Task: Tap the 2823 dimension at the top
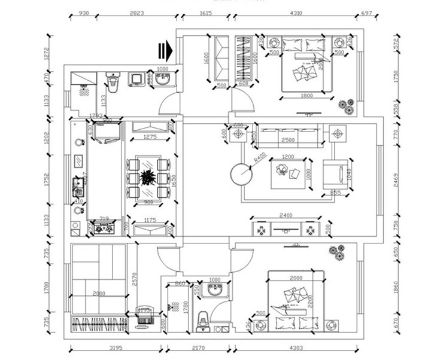135,13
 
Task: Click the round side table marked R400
242,174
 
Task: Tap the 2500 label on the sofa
288,140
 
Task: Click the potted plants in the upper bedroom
346,106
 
